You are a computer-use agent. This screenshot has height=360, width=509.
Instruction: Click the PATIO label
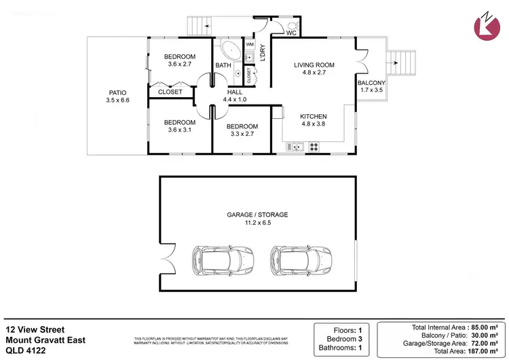[x=117, y=92]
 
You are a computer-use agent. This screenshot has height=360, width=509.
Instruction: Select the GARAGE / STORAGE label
[x=257, y=215]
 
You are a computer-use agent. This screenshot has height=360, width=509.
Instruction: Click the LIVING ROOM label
[x=314, y=65]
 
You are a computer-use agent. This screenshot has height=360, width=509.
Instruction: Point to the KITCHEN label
[x=314, y=116]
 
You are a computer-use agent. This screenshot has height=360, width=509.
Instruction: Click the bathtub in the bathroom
[x=227, y=51]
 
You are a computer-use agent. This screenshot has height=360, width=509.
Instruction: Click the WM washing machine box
[x=250, y=44]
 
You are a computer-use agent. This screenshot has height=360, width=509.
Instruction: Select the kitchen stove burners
[x=314, y=146]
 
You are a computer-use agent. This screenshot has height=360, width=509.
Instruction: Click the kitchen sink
[x=296, y=146]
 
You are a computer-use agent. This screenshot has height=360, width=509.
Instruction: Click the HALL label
[x=233, y=92]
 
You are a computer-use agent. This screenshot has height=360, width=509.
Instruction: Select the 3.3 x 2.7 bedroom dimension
[x=242, y=134]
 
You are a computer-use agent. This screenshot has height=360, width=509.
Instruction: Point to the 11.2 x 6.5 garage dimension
[x=257, y=223]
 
